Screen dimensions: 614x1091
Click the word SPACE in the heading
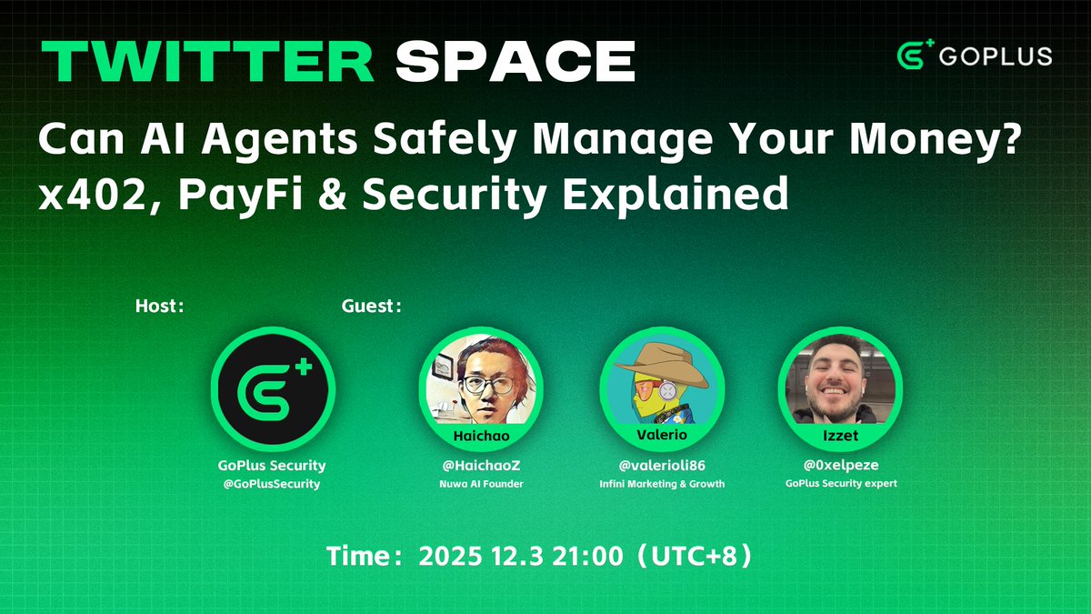[x=515, y=62]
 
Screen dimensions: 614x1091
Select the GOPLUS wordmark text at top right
[x=996, y=56]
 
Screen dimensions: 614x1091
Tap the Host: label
[x=160, y=307]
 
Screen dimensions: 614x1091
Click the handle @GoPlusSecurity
[x=273, y=484]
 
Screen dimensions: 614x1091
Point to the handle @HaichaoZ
[x=480, y=466]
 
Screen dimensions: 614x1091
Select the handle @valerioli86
[x=661, y=466]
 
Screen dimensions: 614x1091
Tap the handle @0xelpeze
[x=841, y=466]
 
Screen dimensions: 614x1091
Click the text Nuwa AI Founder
[x=480, y=484]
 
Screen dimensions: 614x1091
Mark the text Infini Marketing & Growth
[x=661, y=484]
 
